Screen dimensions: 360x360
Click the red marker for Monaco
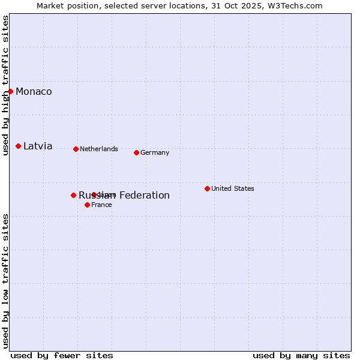pyautogui.click(x=10, y=91)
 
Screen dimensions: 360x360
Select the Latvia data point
pyautogui.click(x=18, y=146)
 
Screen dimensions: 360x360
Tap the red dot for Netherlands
pyautogui.click(x=76, y=149)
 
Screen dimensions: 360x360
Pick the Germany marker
pyautogui.click(x=136, y=152)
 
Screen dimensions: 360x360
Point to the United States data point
pyautogui.click(x=207, y=188)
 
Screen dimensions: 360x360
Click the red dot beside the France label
pyautogui.click(x=87, y=205)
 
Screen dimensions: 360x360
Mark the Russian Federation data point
pyautogui.click(x=73, y=195)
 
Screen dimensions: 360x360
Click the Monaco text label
pyautogui.click(x=34, y=91)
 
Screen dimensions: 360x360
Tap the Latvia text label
pyautogui.click(x=38, y=146)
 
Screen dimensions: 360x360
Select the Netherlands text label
pyautogui.click(x=99, y=149)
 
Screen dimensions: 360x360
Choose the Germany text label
pyautogui.click(x=155, y=152)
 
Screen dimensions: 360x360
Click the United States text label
pyautogui.click(x=233, y=188)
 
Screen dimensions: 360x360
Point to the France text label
pyautogui.click(x=101, y=205)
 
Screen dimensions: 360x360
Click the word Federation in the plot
pyautogui.click(x=144, y=195)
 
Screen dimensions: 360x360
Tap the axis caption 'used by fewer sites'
pyautogui.click(x=62, y=355)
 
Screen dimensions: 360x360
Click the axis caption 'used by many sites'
pyautogui.click(x=301, y=355)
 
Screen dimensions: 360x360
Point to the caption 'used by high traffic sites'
pyautogui.click(x=5, y=85)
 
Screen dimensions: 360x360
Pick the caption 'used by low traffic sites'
pyautogui.click(x=5, y=281)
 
